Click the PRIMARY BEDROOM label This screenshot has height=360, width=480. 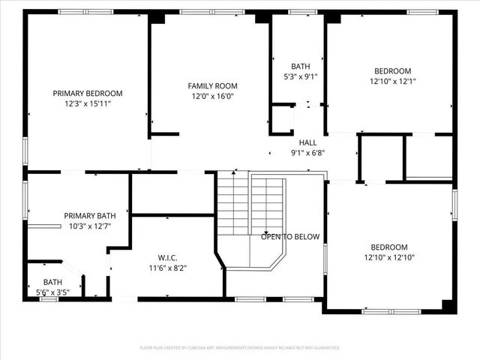[87, 94]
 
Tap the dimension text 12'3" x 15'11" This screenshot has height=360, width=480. [87, 104]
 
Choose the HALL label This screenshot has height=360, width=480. [307, 142]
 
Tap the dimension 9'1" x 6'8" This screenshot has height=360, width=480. [307, 152]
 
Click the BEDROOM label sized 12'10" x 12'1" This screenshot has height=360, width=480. [392, 71]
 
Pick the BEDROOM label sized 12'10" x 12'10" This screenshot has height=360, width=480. [388, 247]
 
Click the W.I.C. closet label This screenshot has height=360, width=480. [167, 257]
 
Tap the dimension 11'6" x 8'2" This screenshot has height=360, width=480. [167, 268]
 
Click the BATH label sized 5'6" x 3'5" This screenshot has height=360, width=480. [52, 283]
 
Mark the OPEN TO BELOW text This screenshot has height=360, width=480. [290, 237]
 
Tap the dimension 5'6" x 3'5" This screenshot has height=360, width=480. [52, 292]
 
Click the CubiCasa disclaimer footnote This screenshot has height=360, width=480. [240, 348]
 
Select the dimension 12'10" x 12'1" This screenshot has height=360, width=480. [392, 82]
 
